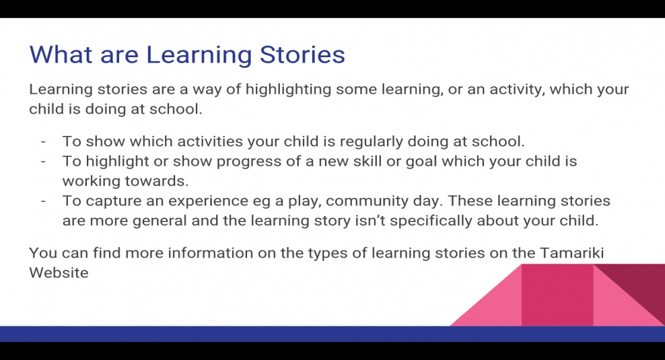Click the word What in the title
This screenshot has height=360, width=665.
[x=61, y=55]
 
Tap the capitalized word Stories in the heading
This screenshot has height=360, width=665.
[x=302, y=55]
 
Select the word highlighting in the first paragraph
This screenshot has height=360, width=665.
[x=288, y=90]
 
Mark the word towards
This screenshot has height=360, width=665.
[x=157, y=181]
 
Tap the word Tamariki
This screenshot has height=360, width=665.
[x=571, y=253]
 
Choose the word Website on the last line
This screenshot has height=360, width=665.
[x=59, y=273]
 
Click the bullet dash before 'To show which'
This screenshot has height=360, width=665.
[x=43, y=142]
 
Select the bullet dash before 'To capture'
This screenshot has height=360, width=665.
[x=43, y=201]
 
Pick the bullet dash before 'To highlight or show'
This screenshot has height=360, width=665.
[x=43, y=162]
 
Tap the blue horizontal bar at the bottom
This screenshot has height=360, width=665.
[x=332, y=334]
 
